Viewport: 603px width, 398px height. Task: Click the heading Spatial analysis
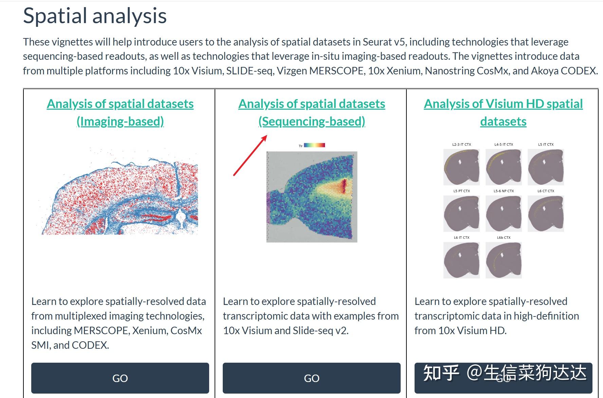coord(95,16)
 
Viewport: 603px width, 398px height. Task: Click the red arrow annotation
coord(250,155)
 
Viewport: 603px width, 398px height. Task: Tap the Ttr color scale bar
coord(314,145)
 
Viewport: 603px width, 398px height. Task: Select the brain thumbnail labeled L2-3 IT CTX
coord(461,167)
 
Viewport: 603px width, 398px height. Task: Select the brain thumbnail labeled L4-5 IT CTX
coord(504,167)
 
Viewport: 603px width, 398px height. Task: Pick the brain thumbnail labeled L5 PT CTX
coord(461,214)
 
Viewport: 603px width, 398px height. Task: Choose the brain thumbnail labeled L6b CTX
coord(504,260)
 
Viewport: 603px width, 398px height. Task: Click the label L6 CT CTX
coord(546,191)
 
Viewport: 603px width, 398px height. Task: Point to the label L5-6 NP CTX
coord(504,191)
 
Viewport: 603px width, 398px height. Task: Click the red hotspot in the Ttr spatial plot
coord(344,186)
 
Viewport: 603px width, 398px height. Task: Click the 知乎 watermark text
coord(441,373)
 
